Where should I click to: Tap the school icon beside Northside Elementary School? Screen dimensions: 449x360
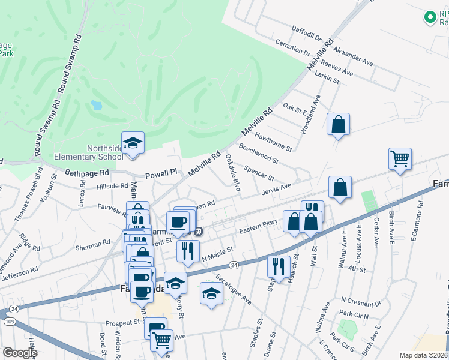[x=133, y=143]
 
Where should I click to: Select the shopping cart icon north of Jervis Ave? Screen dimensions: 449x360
[x=400, y=159]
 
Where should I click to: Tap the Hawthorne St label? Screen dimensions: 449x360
[x=273, y=142]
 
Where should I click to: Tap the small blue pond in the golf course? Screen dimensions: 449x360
[x=96, y=106]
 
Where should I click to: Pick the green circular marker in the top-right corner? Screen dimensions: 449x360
[x=430, y=17]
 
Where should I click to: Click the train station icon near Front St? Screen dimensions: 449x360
[x=197, y=231]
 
